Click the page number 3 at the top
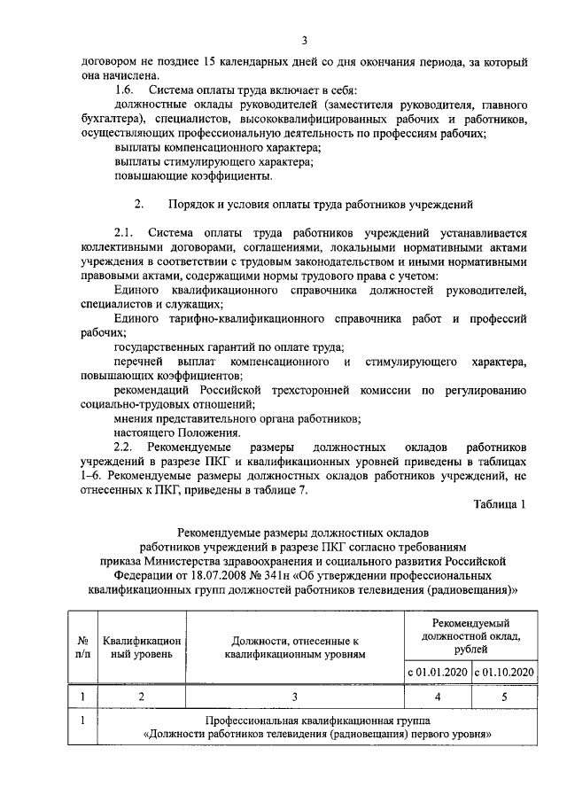(x=303, y=40)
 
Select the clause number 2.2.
(x=125, y=446)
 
